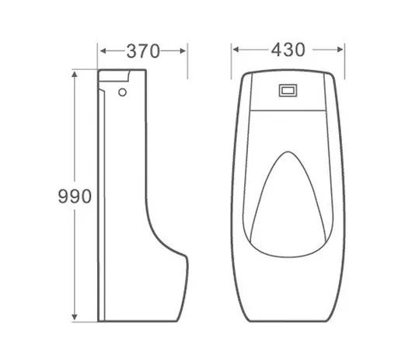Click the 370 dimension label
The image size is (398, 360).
143,51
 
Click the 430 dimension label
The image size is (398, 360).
288,50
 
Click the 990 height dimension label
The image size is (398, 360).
75,196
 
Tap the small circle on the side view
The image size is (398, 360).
122,93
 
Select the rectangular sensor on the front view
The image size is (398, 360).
288,91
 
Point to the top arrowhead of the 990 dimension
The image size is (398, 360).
75,75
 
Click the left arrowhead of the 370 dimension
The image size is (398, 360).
103,51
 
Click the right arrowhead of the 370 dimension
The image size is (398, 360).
183,51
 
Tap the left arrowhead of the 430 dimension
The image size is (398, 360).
236,49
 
